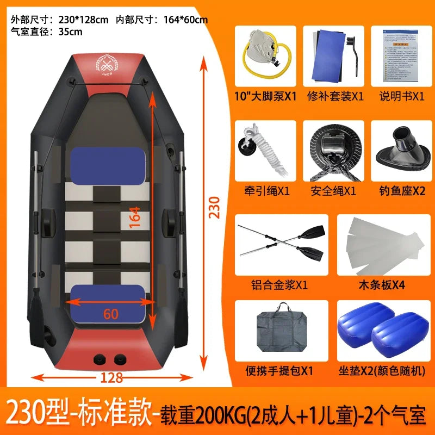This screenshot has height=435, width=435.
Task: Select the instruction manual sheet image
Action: (402, 55)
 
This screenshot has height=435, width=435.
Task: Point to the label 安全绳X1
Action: (333, 191)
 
